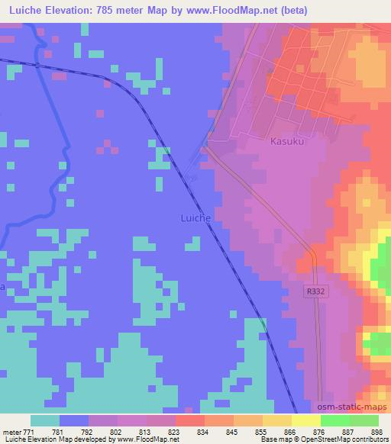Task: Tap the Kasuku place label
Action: [288, 141]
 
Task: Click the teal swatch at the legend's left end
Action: [45, 420]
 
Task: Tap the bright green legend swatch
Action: [334, 420]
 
